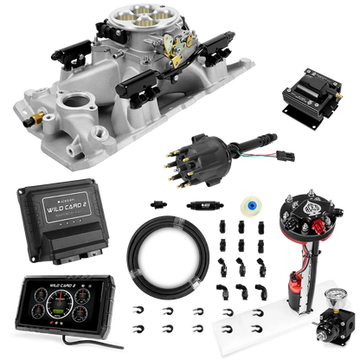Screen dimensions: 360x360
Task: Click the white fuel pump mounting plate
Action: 251,334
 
